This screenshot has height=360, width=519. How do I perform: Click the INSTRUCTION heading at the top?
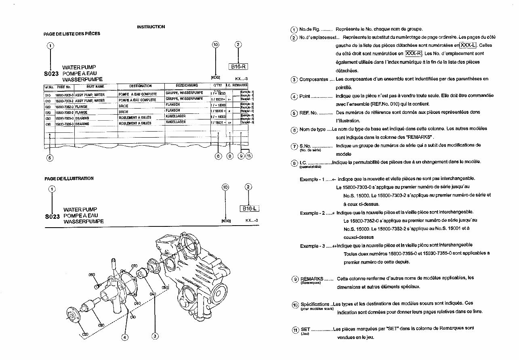[x=151, y=27]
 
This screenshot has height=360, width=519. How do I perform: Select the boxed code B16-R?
[x=238, y=67]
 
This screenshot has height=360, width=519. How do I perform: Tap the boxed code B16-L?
[x=249, y=209]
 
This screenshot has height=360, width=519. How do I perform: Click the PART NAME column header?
[x=95, y=86]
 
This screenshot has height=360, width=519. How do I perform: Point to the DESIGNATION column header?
[x=140, y=86]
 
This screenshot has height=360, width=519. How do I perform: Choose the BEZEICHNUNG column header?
[x=187, y=86]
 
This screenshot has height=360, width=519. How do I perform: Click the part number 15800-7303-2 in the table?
[x=65, y=100]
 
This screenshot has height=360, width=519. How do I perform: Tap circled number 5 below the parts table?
[x=50, y=158]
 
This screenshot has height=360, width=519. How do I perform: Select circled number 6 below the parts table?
[x=219, y=156]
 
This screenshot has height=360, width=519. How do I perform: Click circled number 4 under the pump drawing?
[x=125, y=337]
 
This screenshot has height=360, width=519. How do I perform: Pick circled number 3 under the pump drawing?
[x=155, y=336]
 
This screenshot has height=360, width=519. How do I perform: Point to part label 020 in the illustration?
[x=85, y=335]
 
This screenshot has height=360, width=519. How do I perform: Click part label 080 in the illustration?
[x=92, y=275]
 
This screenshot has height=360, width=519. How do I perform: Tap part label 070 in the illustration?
[x=134, y=266]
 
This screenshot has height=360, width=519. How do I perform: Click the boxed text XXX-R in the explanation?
[x=414, y=54]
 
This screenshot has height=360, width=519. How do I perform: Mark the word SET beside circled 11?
[x=305, y=329]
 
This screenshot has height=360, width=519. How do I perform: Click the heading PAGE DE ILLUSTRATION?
[x=69, y=178]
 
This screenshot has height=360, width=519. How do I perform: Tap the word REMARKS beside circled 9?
[x=311, y=278]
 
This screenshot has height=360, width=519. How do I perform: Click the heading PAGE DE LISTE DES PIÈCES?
[x=72, y=34]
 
